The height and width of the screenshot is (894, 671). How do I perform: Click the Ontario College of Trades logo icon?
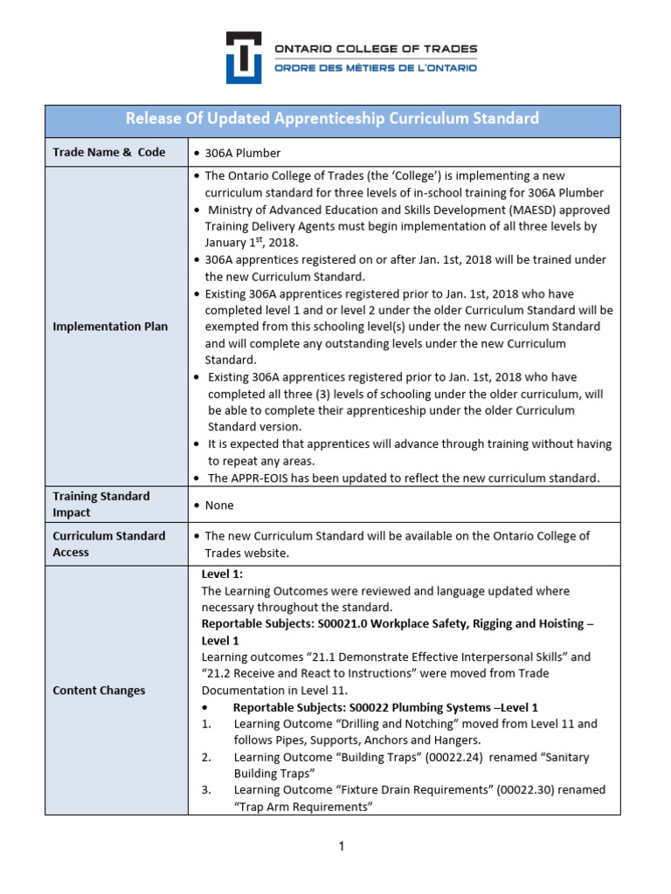pos(244,58)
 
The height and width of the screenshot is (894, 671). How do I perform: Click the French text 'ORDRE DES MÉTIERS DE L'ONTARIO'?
pos(376,68)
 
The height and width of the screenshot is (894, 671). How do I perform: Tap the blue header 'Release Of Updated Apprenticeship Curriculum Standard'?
pos(332,119)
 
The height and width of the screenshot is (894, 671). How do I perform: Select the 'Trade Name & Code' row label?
pos(108,152)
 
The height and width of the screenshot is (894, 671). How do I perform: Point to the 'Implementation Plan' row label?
pos(110,327)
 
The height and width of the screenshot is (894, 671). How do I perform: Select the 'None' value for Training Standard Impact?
pos(219,505)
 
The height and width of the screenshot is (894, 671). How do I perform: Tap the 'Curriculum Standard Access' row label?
pos(108,544)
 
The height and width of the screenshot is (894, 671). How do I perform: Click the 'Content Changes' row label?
pos(99,691)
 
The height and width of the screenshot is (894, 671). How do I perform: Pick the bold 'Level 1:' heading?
pos(222,574)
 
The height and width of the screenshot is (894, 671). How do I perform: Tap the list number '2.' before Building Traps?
pos(206,757)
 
